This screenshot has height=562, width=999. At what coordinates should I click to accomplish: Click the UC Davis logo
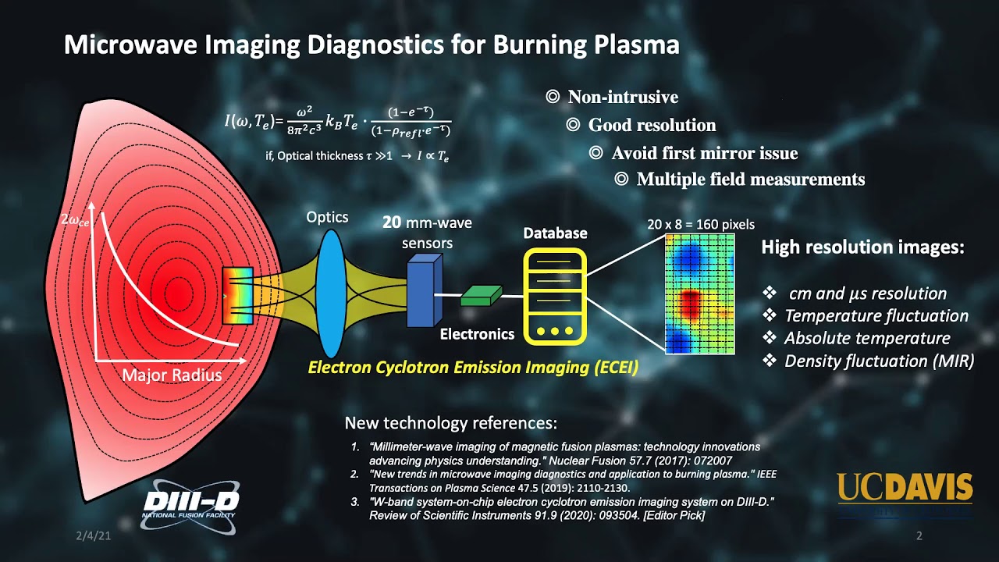tap(905, 487)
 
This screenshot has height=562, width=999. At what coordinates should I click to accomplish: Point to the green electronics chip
tap(481, 295)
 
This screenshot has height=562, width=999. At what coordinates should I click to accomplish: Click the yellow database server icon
tap(555, 297)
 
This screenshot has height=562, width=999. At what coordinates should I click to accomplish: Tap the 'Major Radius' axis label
tap(172, 375)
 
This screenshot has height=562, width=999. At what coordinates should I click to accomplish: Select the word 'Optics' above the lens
tap(327, 217)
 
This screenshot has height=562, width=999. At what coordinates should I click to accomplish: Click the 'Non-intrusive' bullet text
tap(623, 98)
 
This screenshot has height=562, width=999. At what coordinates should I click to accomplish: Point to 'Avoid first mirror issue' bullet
tap(704, 153)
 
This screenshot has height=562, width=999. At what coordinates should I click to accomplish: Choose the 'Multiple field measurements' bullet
tap(750, 180)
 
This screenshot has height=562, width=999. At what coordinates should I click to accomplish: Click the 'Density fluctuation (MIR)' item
tap(879, 361)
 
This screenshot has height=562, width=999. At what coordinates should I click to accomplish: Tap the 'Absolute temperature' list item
tap(866, 339)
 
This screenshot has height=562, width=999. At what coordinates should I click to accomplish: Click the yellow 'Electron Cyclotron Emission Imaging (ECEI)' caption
tap(473, 367)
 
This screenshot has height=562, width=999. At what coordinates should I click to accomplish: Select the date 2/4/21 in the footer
tap(90, 536)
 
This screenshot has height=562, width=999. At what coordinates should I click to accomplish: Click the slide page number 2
tap(919, 536)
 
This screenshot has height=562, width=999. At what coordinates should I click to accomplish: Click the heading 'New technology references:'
tap(451, 424)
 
